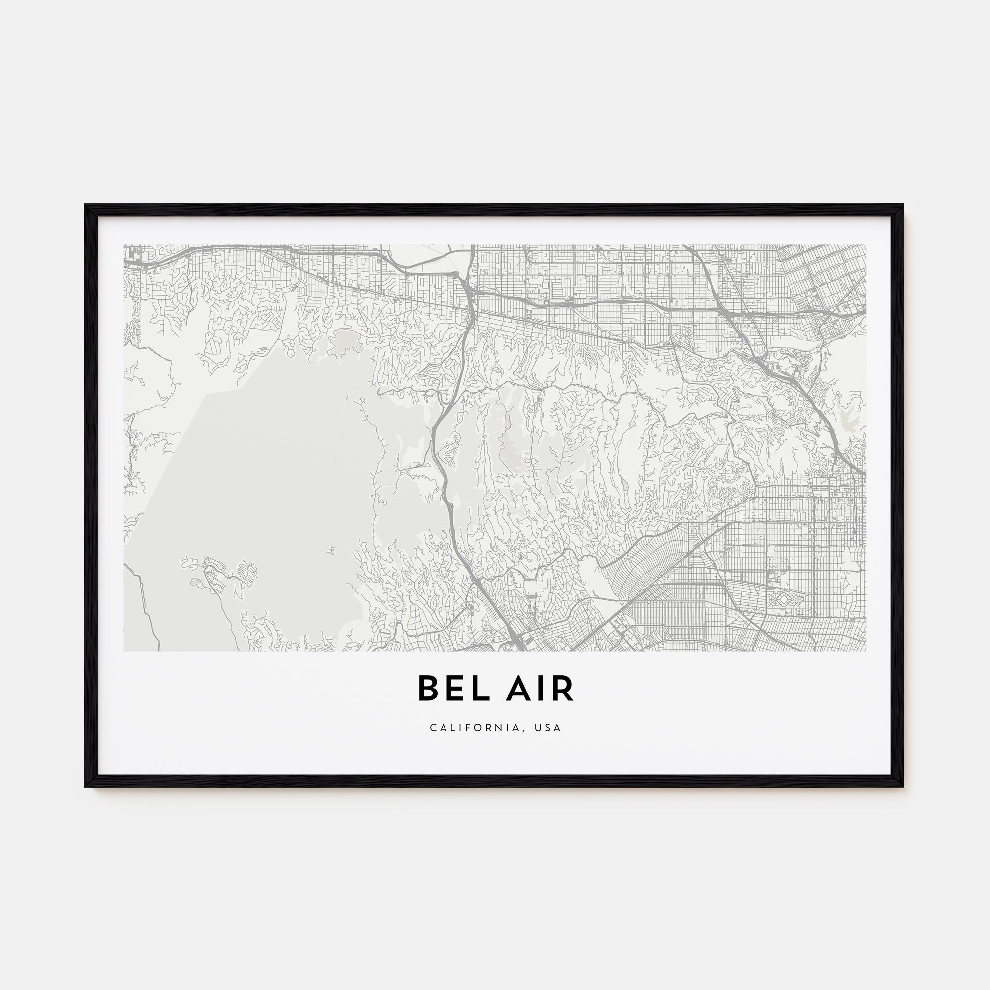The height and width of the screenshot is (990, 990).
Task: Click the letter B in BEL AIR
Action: coord(429,689)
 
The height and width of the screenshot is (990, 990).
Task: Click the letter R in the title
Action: coord(563,689)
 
